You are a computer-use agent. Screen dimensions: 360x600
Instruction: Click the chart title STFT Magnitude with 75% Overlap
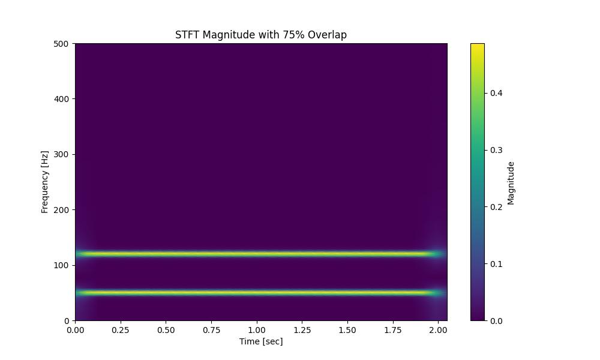point(260,35)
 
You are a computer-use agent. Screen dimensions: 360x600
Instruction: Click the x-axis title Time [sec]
point(260,341)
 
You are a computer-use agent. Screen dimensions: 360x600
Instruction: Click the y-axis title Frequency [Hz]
point(44,182)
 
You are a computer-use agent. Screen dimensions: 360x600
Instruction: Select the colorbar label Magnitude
point(511,183)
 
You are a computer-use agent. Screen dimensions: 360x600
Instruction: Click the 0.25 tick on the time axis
point(121,329)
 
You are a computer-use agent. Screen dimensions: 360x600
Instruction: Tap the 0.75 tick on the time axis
point(211,329)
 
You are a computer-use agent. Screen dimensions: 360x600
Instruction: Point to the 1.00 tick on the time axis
point(257,329)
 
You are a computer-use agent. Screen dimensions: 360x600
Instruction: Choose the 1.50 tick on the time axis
point(347,329)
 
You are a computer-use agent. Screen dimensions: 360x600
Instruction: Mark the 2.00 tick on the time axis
point(438,329)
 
